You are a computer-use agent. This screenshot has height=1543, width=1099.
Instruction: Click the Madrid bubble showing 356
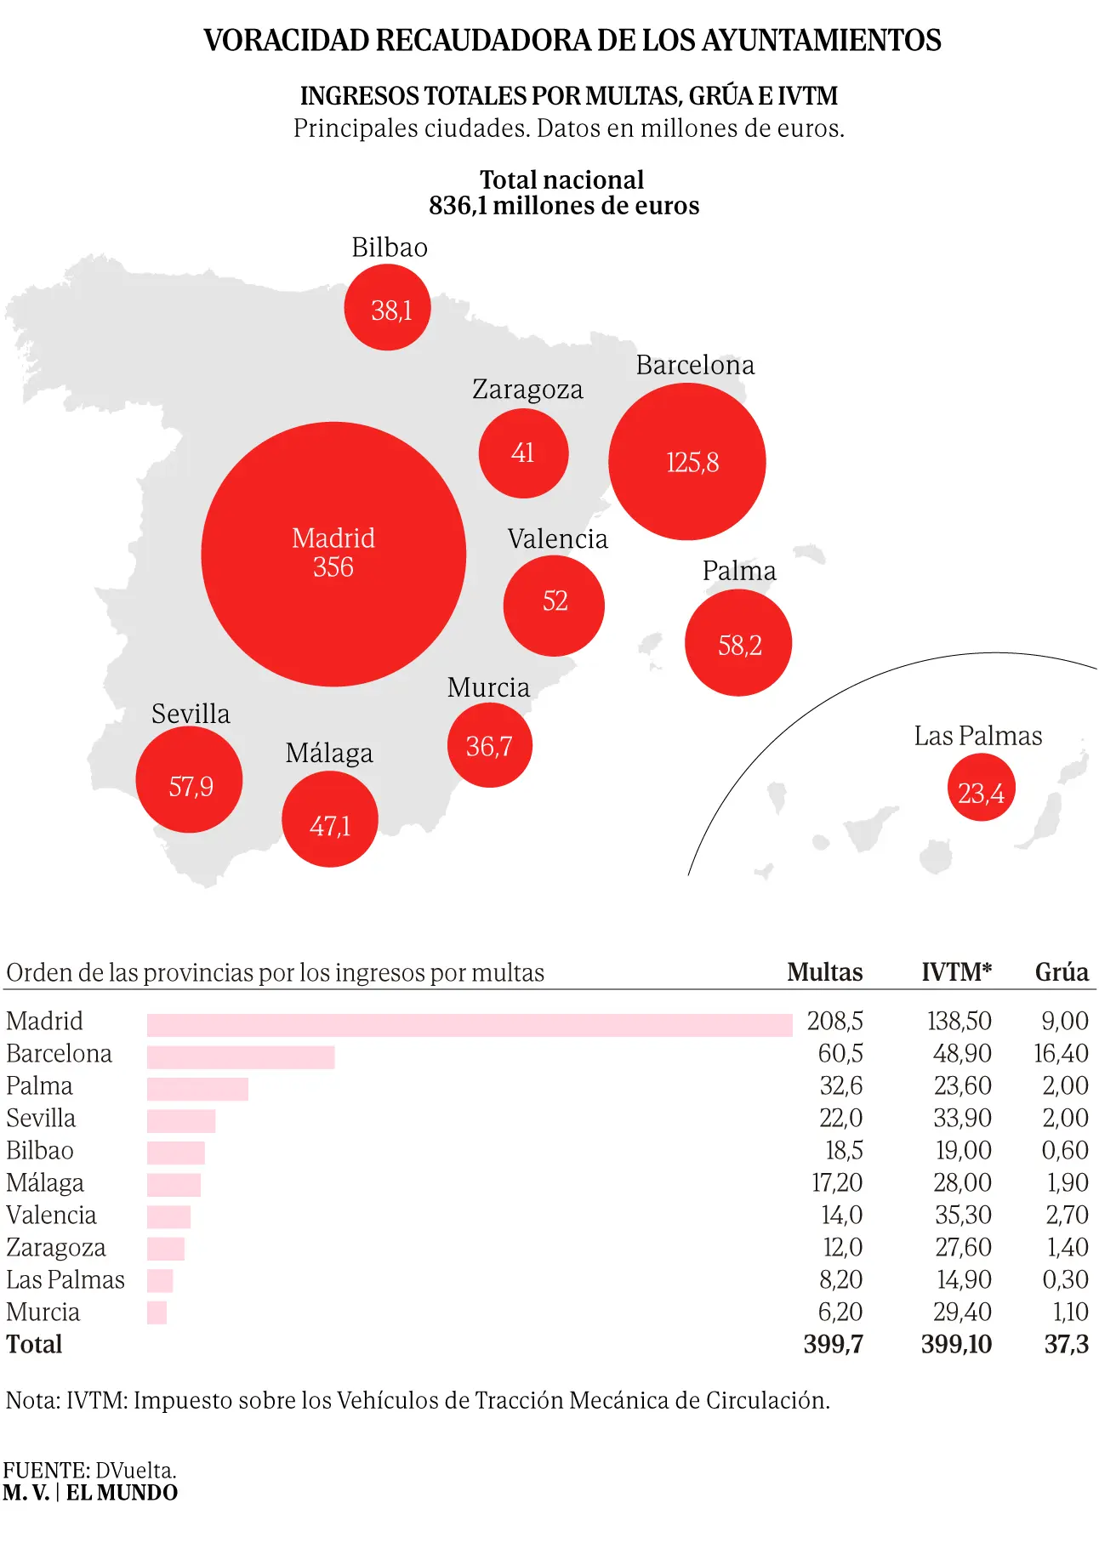[x=333, y=554]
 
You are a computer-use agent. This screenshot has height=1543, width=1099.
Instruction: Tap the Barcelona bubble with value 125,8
[x=687, y=462]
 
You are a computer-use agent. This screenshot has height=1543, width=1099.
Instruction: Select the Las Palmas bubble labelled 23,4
[x=981, y=788]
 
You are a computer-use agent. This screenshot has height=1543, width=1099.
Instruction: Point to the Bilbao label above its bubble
[x=390, y=248]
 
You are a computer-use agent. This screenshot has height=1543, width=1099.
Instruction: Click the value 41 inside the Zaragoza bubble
[x=523, y=453]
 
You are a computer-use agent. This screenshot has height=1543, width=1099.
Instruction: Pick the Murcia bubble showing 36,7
[x=490, y=746]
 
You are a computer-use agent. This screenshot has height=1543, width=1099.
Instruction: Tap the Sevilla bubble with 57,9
[x=189, y=780]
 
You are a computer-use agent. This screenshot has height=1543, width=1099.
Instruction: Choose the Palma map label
[x=739, y=571]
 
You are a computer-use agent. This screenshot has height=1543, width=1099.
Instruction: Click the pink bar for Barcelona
[x=241, y=1057]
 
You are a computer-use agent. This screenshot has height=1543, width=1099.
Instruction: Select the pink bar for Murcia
[x=157, y=1312]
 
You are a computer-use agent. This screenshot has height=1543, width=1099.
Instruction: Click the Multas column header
[x=824, y=972]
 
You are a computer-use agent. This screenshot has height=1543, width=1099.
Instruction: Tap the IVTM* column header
[x=956, y=972]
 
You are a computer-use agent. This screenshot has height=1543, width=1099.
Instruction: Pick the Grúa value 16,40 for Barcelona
[x=1061, y=1054]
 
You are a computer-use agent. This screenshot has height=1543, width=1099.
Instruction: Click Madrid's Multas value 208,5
[x=834, y=1022]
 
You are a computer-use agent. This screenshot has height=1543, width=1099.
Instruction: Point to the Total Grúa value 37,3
[x=1066, y=1345]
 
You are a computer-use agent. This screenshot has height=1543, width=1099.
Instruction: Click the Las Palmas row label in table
[x=65, y=1280]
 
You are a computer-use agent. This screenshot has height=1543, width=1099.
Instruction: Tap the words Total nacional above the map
[x=561, y=180]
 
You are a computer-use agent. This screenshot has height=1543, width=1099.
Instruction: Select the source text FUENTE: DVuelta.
[x=89, y=1471]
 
